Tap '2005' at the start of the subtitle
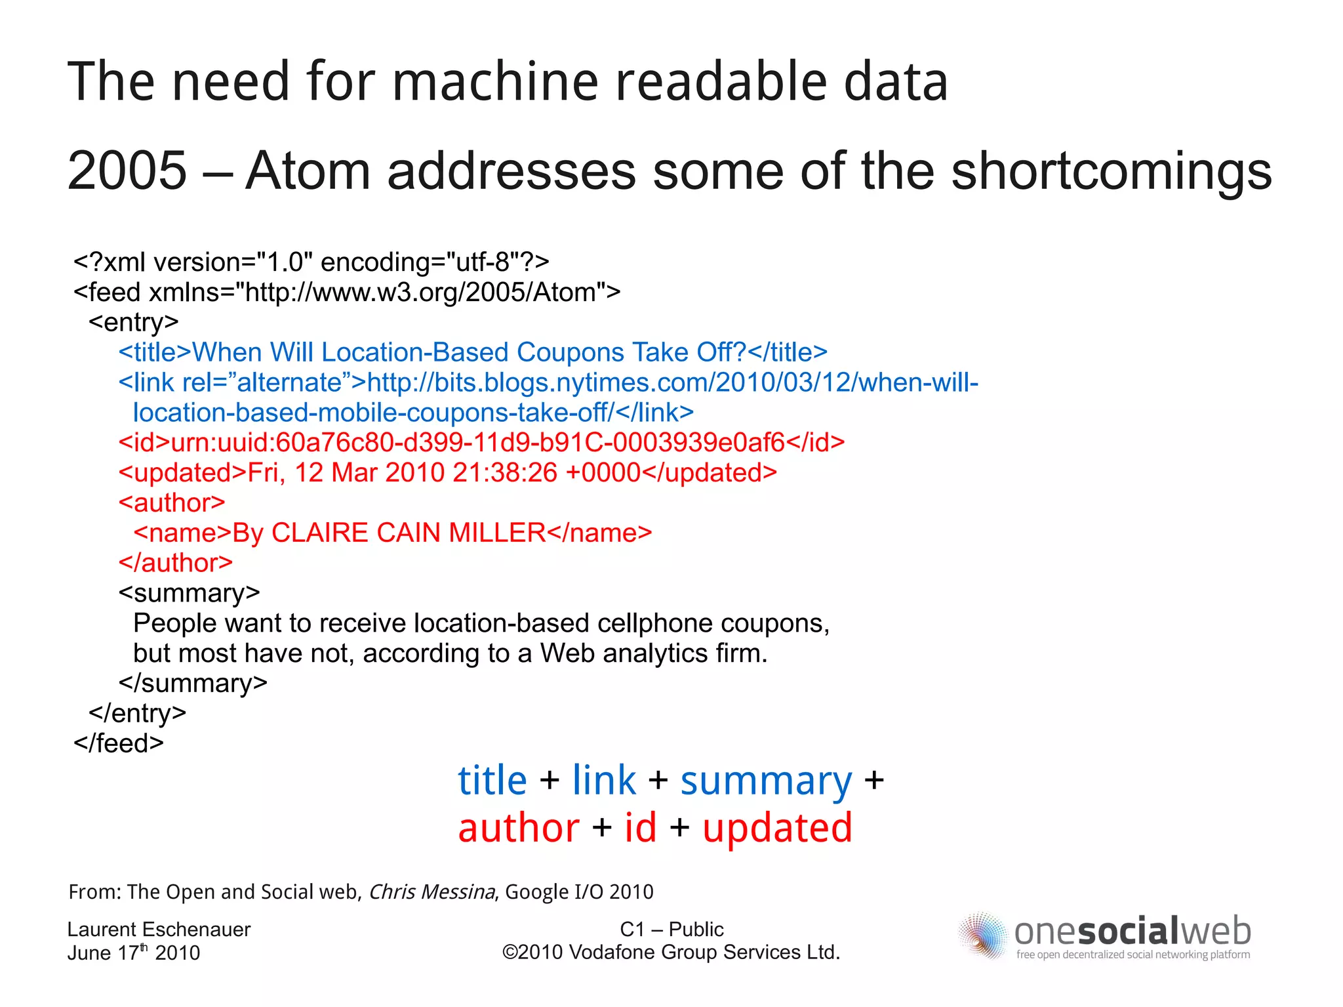pyautogui.click(x=127, y=171)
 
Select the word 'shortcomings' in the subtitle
pyautogui.click(x=1111, y=171)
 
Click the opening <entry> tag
pyautogui.click(x=134, y=322)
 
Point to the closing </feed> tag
pyautogui.click(x=119, y=743)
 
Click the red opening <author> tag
pyautogui.click(x=172, y=503)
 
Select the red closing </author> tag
pyautogui.click(x=176, y=563)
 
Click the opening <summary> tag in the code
pyautogui.click(x=189, y=593)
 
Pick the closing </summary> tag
pyautogui.click(x=193, y=683)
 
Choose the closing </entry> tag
pyautogui.click(x=138, y=713)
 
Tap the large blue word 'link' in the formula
pyautogui.click(x=603, y=781)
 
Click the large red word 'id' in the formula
pyautogui.click(x=640, y=828)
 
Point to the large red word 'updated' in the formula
pyautogui.click(x=777, y=828)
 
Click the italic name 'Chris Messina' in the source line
pyautogui.click(x=431, y=892)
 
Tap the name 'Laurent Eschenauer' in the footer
pyautogui.click(x=159, y=930)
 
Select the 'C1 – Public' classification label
pyautogui.click(x=671, y=930)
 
